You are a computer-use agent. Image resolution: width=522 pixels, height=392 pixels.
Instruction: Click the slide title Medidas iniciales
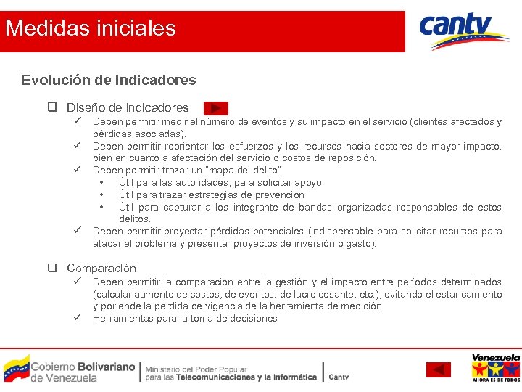91,29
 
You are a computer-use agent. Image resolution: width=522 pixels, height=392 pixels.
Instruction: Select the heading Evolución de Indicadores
108,80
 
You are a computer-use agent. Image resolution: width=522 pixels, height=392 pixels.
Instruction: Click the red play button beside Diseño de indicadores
215,108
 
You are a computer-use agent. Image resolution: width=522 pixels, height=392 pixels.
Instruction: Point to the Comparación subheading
101,268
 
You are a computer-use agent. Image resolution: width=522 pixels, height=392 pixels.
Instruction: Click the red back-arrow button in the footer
438,369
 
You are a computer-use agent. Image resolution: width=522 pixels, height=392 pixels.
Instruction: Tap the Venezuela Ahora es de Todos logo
495,368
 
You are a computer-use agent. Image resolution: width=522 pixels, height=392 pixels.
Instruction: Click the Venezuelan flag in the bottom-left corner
16,368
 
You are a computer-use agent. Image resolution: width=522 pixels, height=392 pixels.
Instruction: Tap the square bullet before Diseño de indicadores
53,107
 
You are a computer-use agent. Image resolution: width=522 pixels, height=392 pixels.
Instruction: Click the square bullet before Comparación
53,268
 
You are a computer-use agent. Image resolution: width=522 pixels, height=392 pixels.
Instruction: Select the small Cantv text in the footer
339,377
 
